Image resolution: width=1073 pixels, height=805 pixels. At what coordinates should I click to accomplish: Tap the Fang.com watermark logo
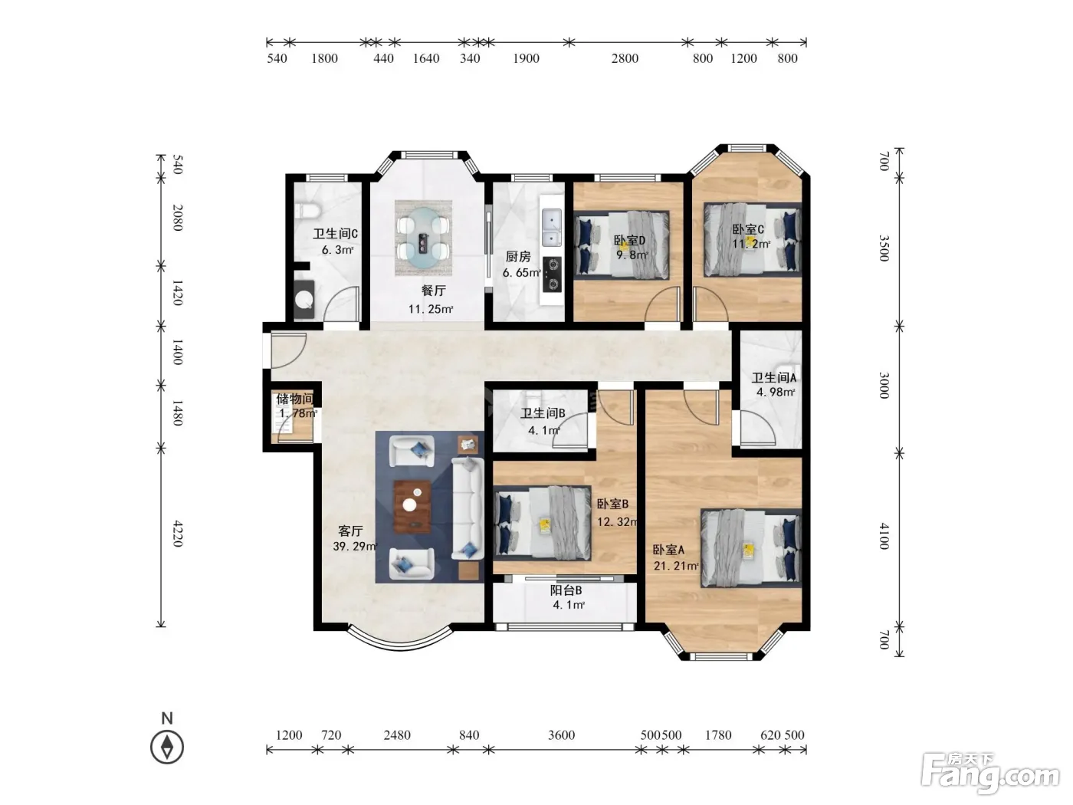pos(989,773)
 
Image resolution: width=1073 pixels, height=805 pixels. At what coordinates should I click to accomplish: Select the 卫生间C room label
pos(335,234)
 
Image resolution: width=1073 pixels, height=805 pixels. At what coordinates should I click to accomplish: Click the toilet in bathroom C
pos(307,211)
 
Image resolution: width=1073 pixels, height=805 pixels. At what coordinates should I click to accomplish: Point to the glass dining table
pos(423,238)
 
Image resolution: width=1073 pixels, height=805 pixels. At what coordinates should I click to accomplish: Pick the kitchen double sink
pos(552,226)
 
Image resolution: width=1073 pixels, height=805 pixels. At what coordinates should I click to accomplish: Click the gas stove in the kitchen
pos(553,274)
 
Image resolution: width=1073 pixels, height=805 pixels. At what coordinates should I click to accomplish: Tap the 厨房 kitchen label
pos(517,256)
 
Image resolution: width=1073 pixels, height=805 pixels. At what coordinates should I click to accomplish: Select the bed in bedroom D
pos(622,245)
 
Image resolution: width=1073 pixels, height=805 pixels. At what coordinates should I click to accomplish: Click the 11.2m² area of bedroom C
pos(751,243)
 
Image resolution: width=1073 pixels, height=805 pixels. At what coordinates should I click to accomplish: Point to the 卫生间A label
pos(774,377)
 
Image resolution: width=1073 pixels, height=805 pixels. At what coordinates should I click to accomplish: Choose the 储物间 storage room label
pos(295,399)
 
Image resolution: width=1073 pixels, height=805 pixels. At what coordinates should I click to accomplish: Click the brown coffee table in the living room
pos(412,506)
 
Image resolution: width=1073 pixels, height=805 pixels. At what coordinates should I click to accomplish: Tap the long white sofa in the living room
pos(468,508)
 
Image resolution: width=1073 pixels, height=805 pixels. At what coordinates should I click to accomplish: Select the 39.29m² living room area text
pos(355,547)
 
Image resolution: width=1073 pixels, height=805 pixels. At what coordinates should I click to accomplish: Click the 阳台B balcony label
pos(566,590)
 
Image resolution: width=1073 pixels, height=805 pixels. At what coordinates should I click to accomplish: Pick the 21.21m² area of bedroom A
pos(676,566)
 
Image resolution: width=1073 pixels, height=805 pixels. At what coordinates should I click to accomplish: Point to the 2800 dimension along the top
pos(625,59)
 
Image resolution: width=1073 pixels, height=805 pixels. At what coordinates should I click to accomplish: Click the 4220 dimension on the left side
pos(178,534)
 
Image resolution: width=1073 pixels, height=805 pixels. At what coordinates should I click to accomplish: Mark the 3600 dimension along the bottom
pos(561,734)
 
